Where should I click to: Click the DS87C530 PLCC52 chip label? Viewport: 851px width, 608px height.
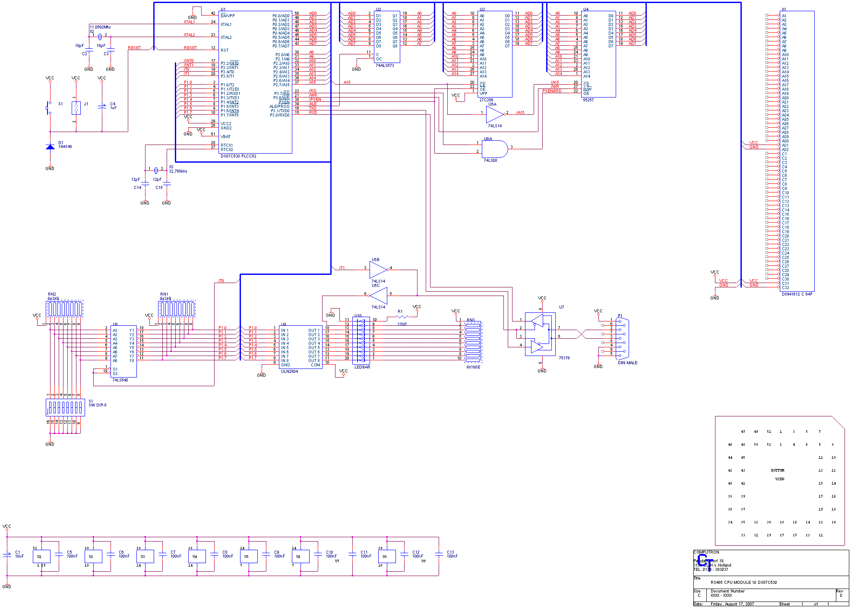[238, 156]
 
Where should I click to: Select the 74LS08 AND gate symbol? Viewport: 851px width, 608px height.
[494, 149]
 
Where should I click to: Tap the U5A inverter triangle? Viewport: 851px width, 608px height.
[494, 114]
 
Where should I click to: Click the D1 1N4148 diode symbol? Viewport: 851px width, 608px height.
[50, 147]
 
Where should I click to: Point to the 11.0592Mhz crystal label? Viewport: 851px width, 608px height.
[100, 27]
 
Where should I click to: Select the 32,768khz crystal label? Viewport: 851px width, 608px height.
[178, 171]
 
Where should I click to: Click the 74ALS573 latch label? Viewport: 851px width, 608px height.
[385, 66]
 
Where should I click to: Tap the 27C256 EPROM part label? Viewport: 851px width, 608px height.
[486, 100]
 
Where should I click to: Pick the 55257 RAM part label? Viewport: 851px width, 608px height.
[588, 100]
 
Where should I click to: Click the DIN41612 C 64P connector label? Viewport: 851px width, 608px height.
[797, 294]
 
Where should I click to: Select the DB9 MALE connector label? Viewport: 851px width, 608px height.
[627, 363]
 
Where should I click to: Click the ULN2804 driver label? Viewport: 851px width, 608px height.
[289, 372]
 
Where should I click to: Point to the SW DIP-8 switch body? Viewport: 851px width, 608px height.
[65, 407]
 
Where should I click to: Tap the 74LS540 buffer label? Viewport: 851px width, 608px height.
[120, 380]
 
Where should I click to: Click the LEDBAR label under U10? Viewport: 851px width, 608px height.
[362, 367]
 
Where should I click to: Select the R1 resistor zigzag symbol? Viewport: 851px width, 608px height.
[402, 317]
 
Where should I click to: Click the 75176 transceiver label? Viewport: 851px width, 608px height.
[564, 358]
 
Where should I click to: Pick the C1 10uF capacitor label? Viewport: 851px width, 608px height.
[19, 554]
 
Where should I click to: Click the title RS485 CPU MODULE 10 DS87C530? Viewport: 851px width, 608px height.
[743, 583]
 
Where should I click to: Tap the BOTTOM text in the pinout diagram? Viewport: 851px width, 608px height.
[777, 470]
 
